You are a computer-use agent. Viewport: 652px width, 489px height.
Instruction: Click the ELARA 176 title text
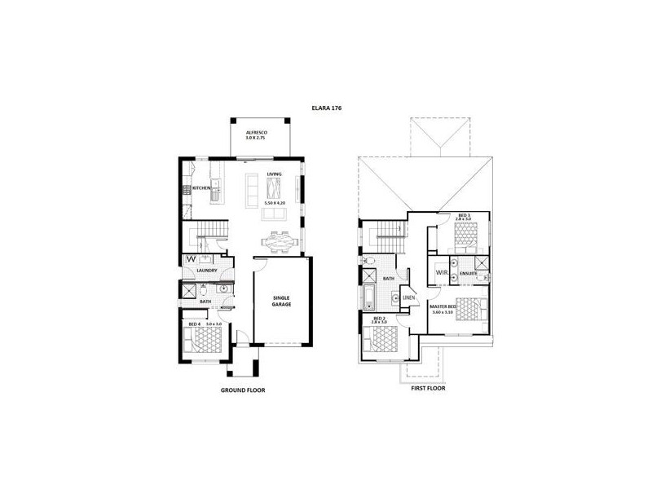click(x=326, y=106)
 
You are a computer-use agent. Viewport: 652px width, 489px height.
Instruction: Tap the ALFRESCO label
click(x=257, y=132)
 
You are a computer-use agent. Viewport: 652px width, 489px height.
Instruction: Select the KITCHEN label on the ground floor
click(x=201, y=189)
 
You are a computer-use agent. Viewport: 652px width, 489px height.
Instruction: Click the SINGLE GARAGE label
click(x=282, y=302)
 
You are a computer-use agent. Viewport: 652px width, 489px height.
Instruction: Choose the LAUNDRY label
click(x=205, y=270)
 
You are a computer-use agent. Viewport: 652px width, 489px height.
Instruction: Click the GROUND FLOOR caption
click(x=243, y=390)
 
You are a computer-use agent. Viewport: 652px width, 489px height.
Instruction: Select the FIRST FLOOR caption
click(x=429, y=390)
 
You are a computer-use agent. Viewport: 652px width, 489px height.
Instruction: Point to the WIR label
click(x=441, y=271)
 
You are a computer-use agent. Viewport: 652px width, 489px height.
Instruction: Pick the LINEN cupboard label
click(x=409, y=298)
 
